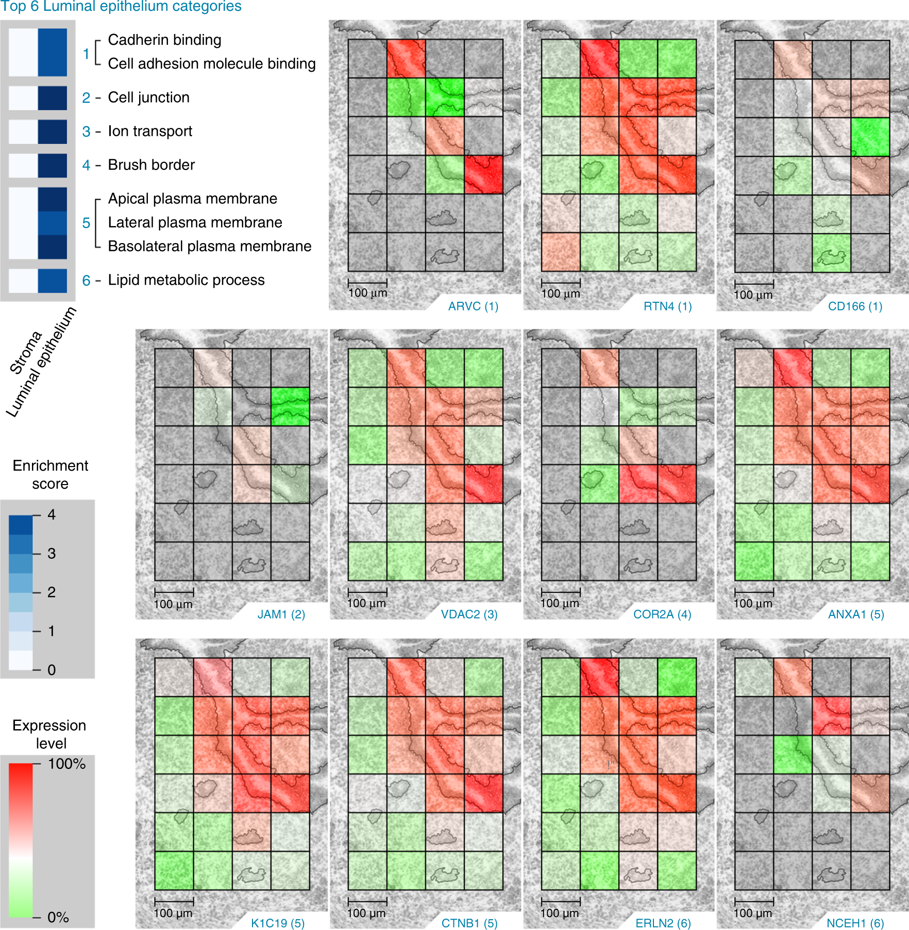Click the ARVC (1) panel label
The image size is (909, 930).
(x=473, y=306)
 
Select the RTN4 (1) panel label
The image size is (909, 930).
(x=667, y=306)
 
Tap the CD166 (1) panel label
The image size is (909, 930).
(x=855, y=306)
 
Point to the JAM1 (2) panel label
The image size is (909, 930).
(x=281, y=614)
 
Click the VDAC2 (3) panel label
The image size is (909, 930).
(x=469, y=614)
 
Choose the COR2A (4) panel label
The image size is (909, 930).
(x=662, y=614)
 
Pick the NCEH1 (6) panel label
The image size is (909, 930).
(x=855, y=923)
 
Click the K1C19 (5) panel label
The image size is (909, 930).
(x=278, y=923)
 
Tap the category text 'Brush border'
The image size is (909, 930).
(x=151, y=165)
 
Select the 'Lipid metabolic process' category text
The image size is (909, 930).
(x=186, y=280)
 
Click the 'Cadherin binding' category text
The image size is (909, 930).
(x=164, y=40)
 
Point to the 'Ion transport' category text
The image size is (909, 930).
(x=149, y=131)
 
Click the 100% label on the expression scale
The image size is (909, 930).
(x=66, y=764)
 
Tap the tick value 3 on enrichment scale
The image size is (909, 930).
(x=52, y=554)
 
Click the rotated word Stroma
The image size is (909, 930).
(x=26, y=353)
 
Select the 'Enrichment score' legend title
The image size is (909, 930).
(x=50, y=474)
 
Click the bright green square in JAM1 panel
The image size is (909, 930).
(x=290, y=407)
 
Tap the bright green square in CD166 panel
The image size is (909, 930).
(x=870, y=137)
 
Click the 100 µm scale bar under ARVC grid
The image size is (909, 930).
(x=367, y=282)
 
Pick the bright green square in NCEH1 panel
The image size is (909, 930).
(x=793, y=754)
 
